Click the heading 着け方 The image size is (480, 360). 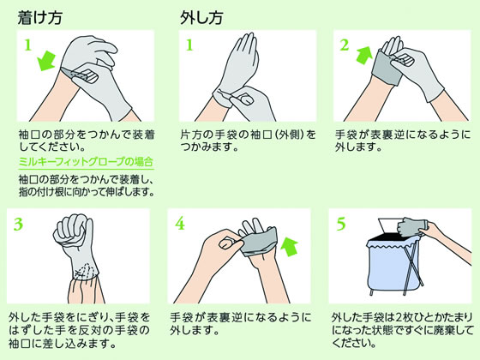pos(39,17)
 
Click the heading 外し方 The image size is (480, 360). pos(201,17)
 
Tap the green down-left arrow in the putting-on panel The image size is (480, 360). pos(46,61)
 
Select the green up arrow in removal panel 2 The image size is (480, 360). pos(364,55)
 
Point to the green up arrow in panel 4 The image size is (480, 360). pos(289,247)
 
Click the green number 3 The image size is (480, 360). pos(18,224)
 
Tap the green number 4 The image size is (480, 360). pos(180,224)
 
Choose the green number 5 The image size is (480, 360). pos(341,224)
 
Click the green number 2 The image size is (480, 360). pos(345,45)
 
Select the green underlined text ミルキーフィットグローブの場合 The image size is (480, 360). pos(86,162)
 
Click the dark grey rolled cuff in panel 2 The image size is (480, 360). pos(387,68)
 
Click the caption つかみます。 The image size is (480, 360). pos(210,147)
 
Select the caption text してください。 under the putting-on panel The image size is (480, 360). pos(52,147)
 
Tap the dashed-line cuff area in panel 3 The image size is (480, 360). pos(86,269)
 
